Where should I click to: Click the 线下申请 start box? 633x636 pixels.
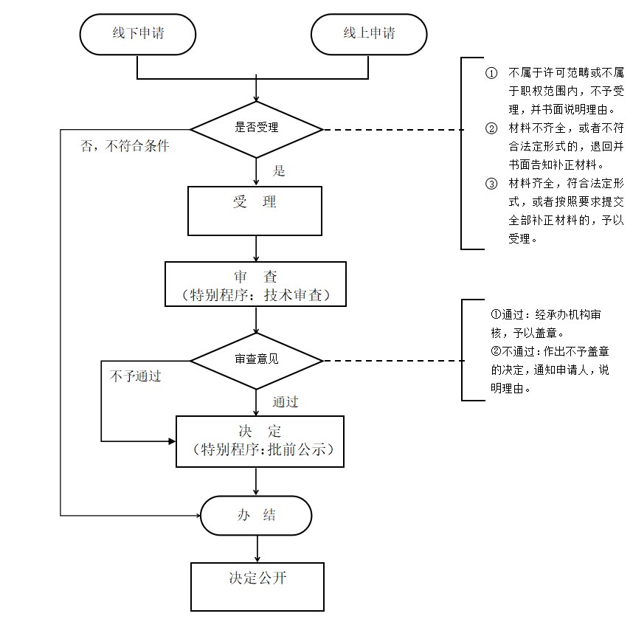(138, 35)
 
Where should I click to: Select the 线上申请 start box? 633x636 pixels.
(369, 35)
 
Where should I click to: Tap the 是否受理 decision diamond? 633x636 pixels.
(256, 129)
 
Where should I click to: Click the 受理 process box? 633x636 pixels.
(255, 211)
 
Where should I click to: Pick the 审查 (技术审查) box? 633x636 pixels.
(255, 284)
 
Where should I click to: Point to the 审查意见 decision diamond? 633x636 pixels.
(256, 361)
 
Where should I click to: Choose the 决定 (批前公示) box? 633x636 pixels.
(260, 441)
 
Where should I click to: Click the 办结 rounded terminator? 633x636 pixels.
(256, 516)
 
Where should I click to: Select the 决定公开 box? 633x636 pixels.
(257, 587)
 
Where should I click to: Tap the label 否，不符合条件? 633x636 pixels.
(125, 145)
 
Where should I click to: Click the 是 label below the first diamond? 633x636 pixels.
(279, 170)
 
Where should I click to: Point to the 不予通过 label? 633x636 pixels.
(136, 376)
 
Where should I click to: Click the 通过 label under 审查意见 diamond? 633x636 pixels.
(286, 401)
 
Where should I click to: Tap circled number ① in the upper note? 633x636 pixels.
(491, 73)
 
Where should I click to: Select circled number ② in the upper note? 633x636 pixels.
(491, 128)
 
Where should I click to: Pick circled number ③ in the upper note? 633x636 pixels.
(491, 184)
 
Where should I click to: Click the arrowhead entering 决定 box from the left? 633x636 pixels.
(172, 441)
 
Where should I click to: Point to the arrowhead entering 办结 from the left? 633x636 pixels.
(198, 516)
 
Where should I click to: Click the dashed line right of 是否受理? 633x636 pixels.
(394, 130)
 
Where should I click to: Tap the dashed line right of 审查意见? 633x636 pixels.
(394, 361)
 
